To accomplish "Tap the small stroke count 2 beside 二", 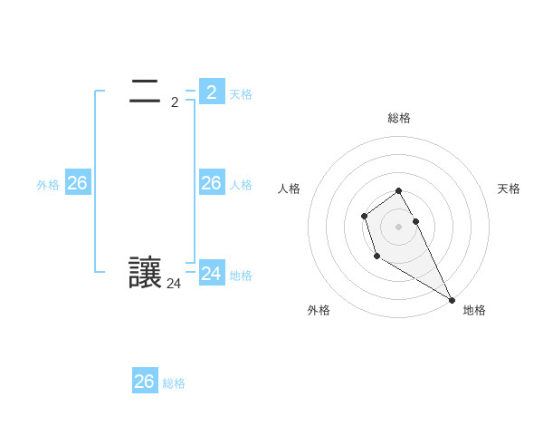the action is [x=175, y=102].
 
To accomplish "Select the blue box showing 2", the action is [x=211, y=92].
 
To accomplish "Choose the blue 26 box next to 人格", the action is [x=211, y=183].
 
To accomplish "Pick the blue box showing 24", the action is [x=211, y=273].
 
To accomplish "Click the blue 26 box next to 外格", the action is [x=77, y=183].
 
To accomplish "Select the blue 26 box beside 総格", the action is [x=145, y=382].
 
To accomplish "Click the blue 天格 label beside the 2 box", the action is [x=241, y=93].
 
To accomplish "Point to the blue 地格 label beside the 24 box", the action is [x=241, y=276].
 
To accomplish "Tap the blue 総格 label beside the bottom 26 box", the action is [x=174, y=383].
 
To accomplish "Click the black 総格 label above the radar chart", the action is [x=399, y=118].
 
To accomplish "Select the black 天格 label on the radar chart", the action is [x=509, y=189].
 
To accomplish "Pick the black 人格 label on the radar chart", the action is [x=290, y=189].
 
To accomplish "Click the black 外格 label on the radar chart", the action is [x=319, y=310].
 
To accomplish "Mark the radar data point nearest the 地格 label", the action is [x=452, y=300].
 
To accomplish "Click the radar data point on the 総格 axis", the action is [x=399, y=190].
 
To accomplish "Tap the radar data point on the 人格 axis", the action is [x=364, y=216].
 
